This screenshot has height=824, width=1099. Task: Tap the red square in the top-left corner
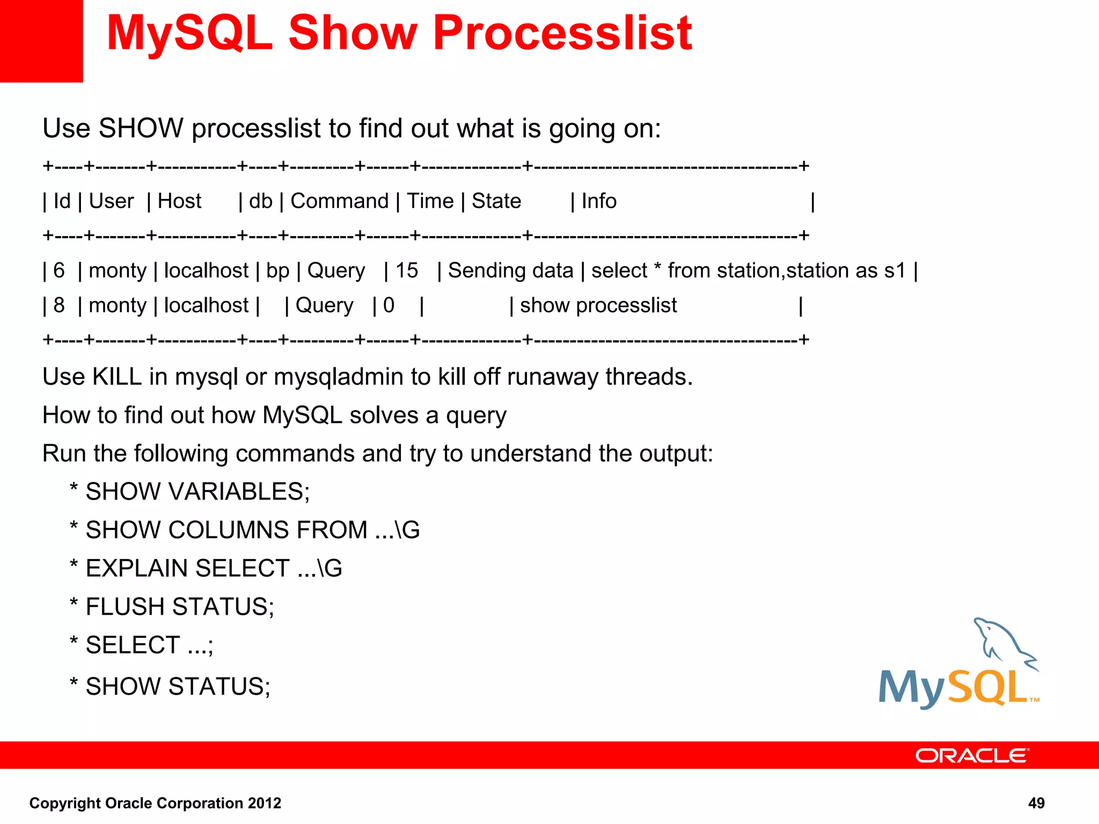[x=41, y=41]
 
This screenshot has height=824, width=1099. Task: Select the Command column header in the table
[x=339, y=201]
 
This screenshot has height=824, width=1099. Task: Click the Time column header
[x=430, y=201]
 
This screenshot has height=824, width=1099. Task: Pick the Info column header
[x=599, y=201]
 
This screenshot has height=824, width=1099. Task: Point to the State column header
[x=496, y=201]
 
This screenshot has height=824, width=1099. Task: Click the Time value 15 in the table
[x=406, y=270]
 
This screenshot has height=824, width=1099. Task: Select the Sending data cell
[x=510, y=270]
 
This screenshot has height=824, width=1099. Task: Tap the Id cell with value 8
[x=59, y=305]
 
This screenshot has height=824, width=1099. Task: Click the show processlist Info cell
[x=598, y=305]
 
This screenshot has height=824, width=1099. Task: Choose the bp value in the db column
[x=277, y=271]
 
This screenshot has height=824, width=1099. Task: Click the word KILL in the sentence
[x=117, y=377]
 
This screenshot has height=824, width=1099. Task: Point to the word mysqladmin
[x=338, y=377]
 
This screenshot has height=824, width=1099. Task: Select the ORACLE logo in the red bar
[x=971, y=755]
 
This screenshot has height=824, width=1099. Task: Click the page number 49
[x=1036, y=803]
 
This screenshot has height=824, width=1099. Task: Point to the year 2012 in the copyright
[x=265, y=803]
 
